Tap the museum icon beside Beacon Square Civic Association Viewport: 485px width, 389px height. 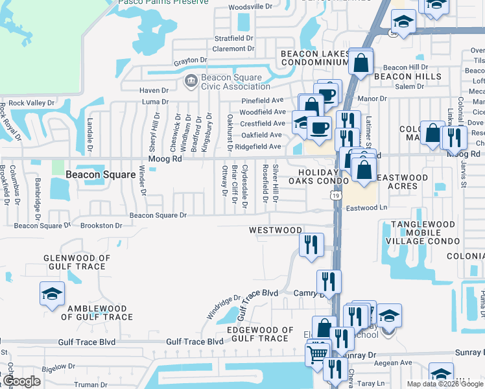tap(191, 80)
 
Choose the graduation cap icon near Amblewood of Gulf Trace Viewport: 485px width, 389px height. tap(52, 294)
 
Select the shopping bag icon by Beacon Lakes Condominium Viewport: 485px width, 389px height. tap(361, 63)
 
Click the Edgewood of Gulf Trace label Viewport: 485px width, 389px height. tap(257, 334)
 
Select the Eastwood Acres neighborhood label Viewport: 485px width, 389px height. tap(402, 182)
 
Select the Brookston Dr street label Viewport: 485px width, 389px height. tap(101, 226)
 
